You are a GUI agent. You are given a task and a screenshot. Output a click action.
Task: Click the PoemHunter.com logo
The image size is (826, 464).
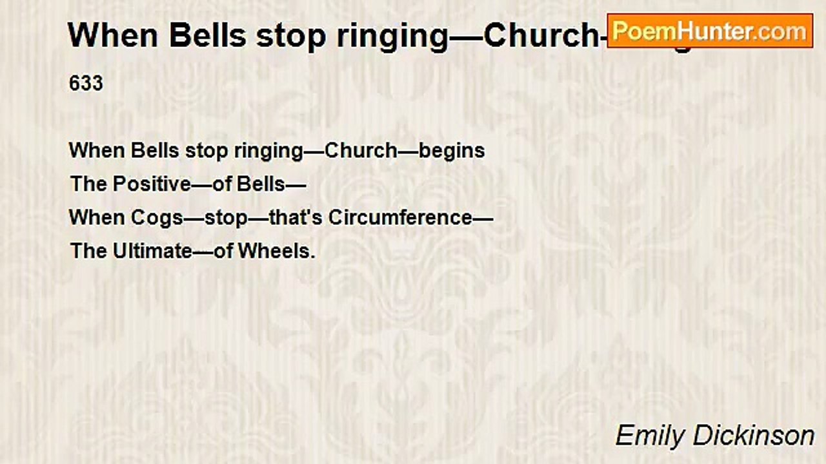710,30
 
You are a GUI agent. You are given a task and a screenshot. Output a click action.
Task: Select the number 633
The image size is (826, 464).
86,84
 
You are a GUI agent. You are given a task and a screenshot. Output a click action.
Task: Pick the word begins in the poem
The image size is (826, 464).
452,151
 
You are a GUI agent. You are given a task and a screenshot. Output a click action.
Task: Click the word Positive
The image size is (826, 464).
152,184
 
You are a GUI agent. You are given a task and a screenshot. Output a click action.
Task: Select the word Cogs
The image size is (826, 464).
157,218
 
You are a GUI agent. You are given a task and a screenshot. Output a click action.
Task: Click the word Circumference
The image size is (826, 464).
400,218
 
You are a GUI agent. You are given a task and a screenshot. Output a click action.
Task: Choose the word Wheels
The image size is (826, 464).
276,251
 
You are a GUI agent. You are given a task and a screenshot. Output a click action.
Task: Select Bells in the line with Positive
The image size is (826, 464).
261,184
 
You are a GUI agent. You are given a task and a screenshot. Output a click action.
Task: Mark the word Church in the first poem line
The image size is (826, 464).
361,151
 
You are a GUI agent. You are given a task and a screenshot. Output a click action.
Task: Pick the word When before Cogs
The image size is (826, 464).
97,218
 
